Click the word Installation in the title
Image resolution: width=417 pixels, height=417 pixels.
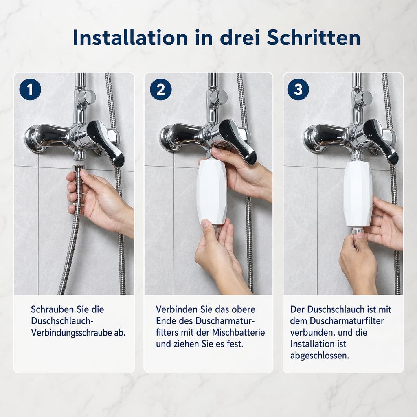tap(130, 37)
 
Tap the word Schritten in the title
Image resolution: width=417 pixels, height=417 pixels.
tap(314, 37)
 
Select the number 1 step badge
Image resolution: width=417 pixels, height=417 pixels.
tap(30, 89)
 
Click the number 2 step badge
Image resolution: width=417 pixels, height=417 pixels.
tap(160, 89)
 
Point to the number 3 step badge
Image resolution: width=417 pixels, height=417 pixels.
tap(298, 89)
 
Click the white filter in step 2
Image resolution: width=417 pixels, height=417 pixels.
tap(212, 191)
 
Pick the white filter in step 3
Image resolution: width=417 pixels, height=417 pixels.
tap(358, 193)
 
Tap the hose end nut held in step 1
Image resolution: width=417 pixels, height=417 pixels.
tap(79, 169)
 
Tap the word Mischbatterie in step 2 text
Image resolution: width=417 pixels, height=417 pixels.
tap(238, 332)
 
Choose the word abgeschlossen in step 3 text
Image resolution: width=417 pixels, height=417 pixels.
tap(319, 356)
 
